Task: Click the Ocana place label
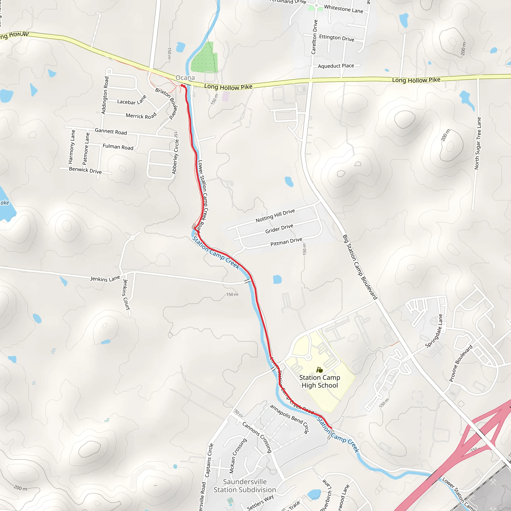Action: [x=185, y=78]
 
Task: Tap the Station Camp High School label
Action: [x=320, y=382]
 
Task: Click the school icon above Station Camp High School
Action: [x=320, y=370]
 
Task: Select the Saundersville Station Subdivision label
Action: [x=245, y=486]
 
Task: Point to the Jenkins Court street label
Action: [x=126, y=295]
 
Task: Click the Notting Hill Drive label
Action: [x=275, y=216]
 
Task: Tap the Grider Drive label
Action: [x=279, y=229]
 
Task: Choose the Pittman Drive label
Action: [x=286, y=242]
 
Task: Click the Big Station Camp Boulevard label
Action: [x=360, y=267]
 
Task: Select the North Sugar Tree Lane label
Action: [x=478, y=143]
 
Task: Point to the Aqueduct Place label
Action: [x=336, y=66]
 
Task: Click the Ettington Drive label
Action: [x=336, y=38]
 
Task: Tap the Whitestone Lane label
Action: [x=344, y=9]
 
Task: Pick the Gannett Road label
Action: [x=111, y=131]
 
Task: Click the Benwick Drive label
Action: [x=85, y=170]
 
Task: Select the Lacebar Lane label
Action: [x=131, y=101]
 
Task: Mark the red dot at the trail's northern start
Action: [x=182, y=85]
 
